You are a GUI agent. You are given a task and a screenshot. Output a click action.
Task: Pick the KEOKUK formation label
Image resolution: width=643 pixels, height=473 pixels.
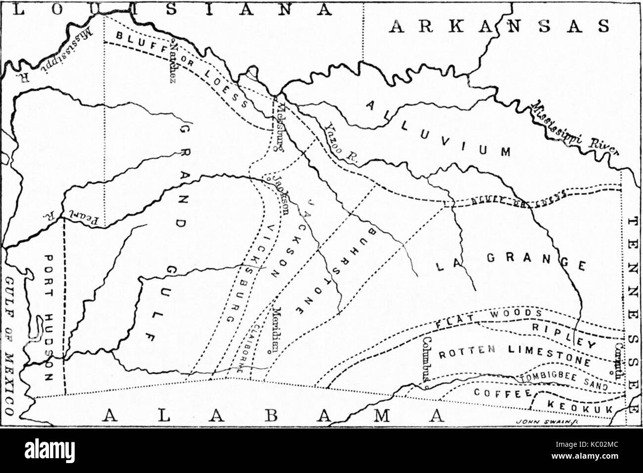[x=579, y=406]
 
